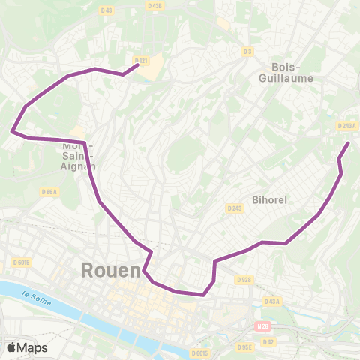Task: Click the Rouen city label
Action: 111,270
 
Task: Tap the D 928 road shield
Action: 244,280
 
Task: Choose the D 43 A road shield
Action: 271,301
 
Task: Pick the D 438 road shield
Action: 155,6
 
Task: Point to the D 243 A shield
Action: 346,126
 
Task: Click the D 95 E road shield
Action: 244,347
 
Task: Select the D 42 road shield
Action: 270,341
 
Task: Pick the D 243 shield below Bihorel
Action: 235,208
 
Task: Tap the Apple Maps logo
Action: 26,347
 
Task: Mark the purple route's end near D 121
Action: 137,65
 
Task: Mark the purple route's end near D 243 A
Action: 347,142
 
